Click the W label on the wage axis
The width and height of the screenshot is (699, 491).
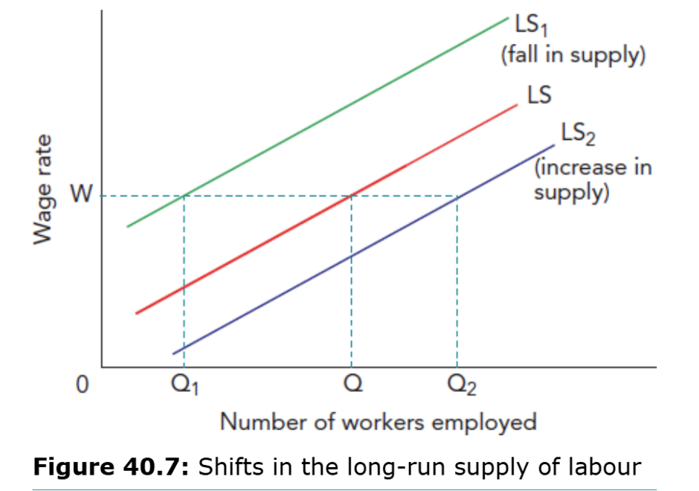click(x=81, y=196)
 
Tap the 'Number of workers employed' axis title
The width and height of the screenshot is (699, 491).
click(x=378, y=422)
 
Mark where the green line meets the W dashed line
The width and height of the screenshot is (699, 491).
click(x=183, y=196)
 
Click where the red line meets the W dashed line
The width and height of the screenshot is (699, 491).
click(x=350, y=196)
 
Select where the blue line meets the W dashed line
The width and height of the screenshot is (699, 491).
click(x=457, y=196)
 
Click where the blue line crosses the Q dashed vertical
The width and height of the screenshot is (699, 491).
click(x=350, y=255)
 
